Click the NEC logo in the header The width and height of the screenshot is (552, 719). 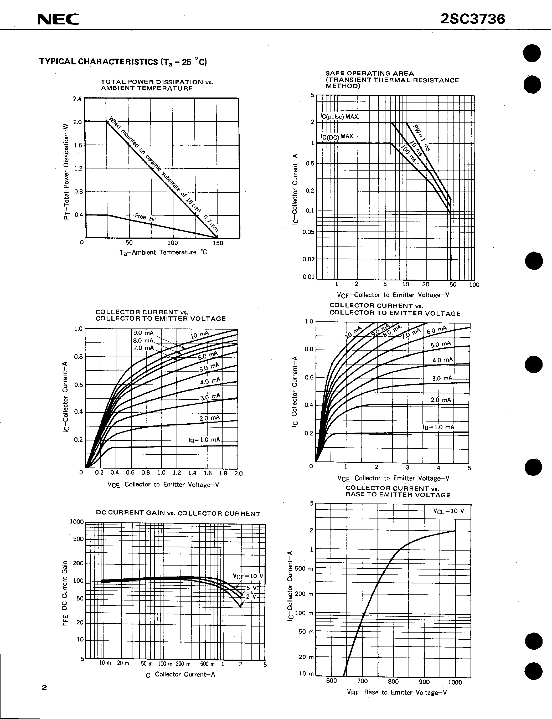click(58, 20)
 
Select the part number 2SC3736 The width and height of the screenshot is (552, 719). click(472, 19)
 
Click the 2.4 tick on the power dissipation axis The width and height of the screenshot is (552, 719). click(77, 99)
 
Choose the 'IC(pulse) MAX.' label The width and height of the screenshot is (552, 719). click(340, 116)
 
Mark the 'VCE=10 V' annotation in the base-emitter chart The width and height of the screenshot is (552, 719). click(448, 511)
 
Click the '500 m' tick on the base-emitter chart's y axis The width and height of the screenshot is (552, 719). click(304, 568)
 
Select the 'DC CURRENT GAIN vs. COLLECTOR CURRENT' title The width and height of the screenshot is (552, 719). click(178, 513)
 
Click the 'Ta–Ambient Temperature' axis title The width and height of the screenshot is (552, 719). click(163, 252)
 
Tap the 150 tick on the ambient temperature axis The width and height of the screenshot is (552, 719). click(218, 243)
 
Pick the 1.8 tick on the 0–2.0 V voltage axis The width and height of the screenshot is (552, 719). click(223, 473)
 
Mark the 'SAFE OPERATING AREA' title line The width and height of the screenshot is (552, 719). click(369, 74)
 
